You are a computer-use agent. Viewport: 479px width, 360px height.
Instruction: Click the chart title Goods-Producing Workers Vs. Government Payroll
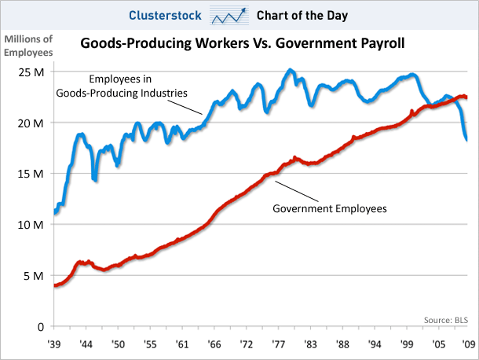pos(243,44)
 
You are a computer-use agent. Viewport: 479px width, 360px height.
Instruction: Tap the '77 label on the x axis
pos(279,344)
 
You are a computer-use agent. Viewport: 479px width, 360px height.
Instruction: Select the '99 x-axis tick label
pos(407,344)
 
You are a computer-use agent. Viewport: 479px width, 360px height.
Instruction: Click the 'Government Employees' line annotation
pos(330,209)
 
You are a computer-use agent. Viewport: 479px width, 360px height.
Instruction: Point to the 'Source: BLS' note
pos(444,319)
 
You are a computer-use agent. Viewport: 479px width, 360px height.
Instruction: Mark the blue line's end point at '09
pos(468,140)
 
